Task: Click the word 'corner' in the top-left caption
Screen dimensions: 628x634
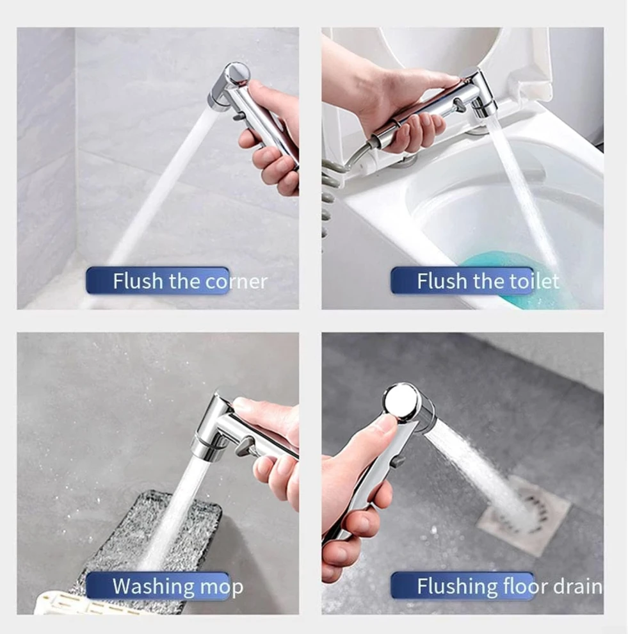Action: coord(236,281)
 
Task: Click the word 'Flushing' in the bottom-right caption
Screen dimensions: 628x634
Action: coord(456,587)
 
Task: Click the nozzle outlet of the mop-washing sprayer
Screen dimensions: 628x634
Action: coord(205,451)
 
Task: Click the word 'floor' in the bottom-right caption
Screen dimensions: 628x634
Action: coord(524,586)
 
